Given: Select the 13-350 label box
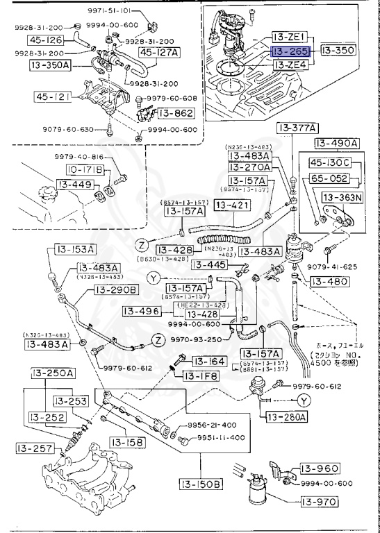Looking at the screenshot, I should (x=337, y=51).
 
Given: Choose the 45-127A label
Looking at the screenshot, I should (x=158, y=52).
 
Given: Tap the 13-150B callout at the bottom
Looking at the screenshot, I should (x=202, y=484).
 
